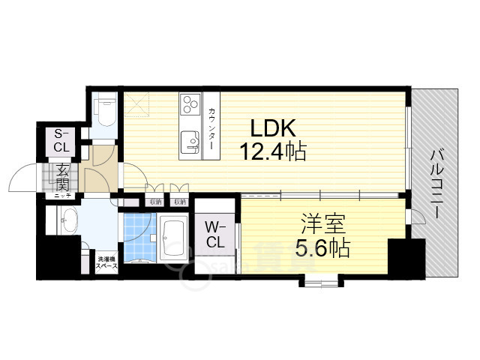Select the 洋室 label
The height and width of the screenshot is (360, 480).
tap(324, 223)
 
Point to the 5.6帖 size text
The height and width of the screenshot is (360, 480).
tap(323, 247)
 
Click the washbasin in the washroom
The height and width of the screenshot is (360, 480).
tap(70, 221)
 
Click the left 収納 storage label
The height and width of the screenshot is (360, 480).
tap(155, 201)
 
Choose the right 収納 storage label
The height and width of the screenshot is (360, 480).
tap(178, 201)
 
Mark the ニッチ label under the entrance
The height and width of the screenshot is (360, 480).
tap(59, 196)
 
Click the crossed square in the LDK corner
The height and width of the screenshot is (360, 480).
tap(138, 104)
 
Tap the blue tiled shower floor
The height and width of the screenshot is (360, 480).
tap(139, 238)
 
